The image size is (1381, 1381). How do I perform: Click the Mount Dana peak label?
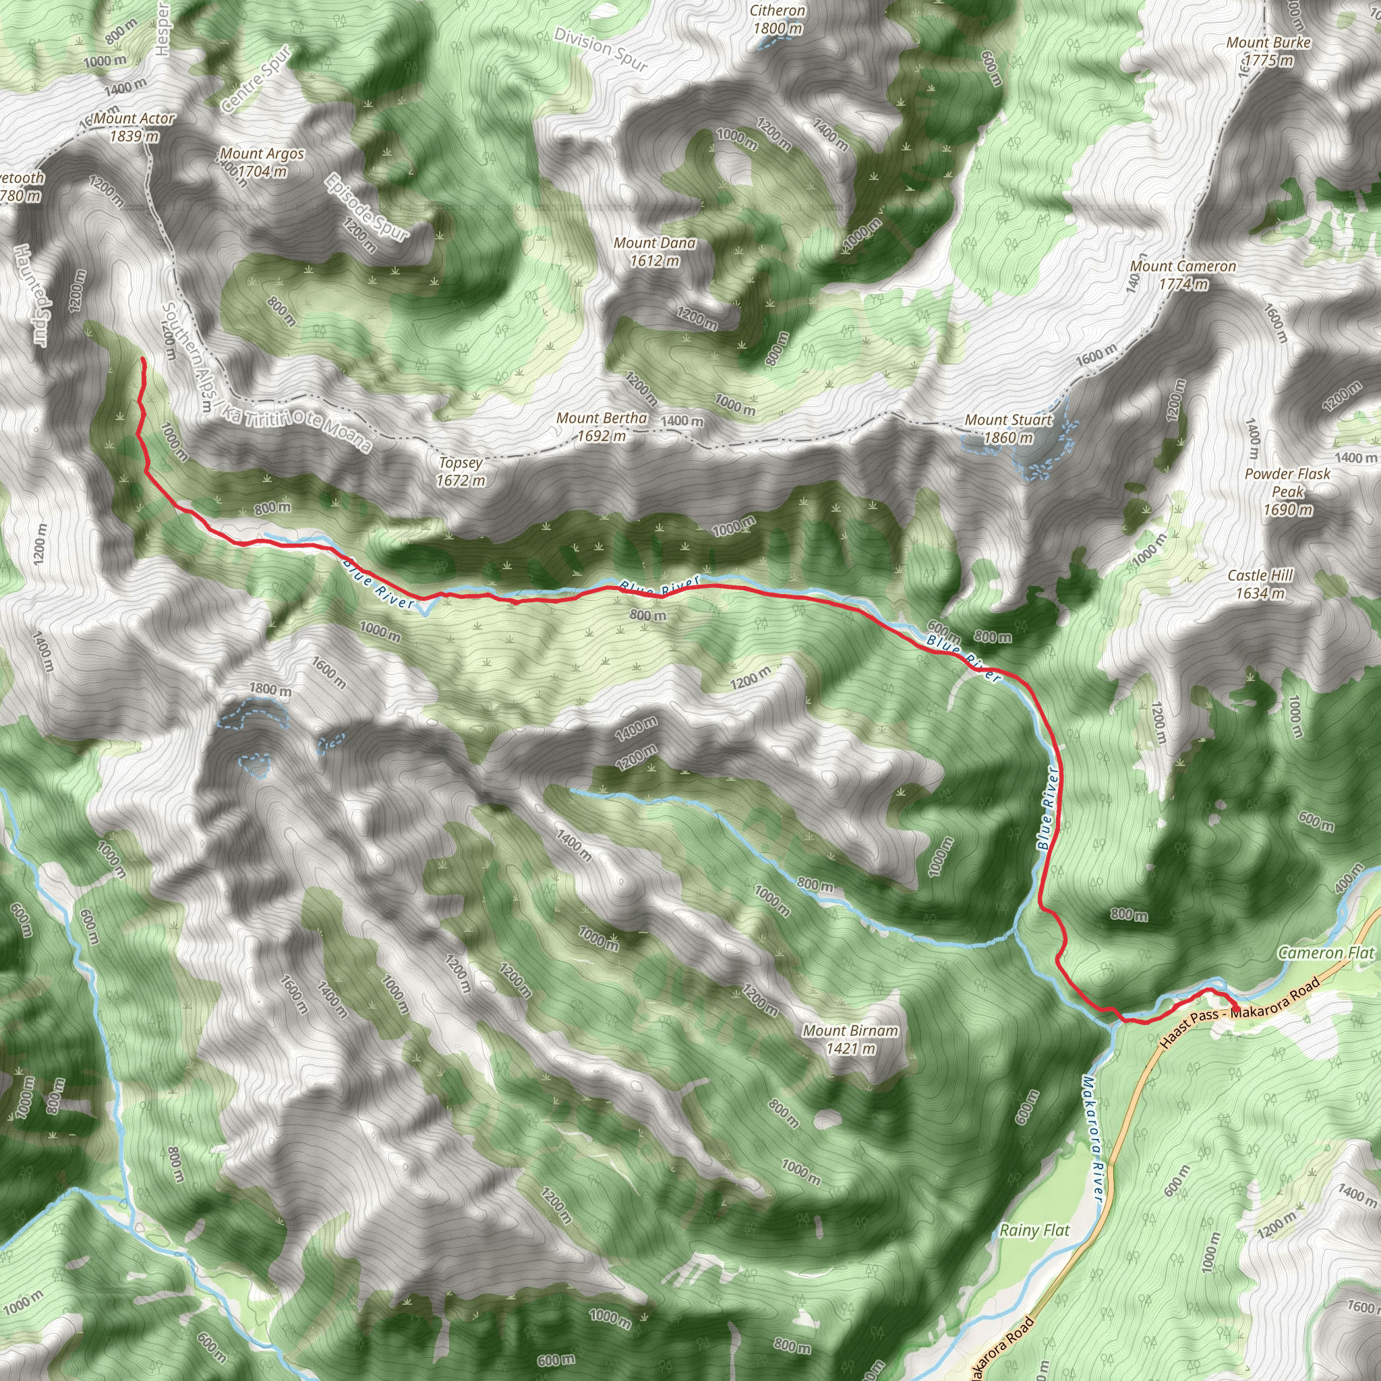click(x=654, y=252)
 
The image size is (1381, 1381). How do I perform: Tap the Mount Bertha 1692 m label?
click(x=602, y=427)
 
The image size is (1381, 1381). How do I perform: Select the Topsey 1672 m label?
click(x=461, y=472)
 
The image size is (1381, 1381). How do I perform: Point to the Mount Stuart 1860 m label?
click(x=1008, y=429)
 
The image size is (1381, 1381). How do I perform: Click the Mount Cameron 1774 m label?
click(x=1183, y=275)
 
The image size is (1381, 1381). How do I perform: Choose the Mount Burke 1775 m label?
click(x=1268, y=51)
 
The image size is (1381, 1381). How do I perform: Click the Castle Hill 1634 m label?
click(x=1260, y=584)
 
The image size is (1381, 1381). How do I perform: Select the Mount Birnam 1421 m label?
click(x=850, y=1039)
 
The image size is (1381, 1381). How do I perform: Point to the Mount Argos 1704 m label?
click(x=262, y=163)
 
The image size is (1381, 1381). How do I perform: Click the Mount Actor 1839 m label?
click(x=134, y=127)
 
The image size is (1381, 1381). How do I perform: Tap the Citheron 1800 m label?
click(x=777, y=20)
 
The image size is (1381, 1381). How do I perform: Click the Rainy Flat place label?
click(x=1034, y=1230)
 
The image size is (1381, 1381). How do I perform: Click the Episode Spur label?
click(x=367, y=206)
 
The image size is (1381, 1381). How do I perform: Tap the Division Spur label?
click(x=601, y=50)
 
